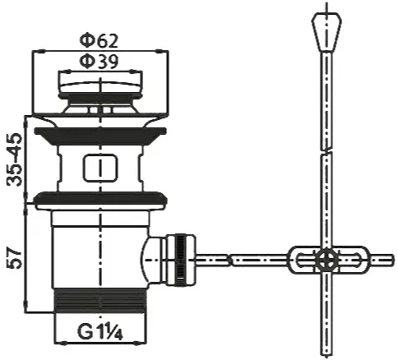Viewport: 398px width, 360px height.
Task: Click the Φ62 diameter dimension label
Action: [99, 41]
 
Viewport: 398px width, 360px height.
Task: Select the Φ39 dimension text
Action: [99, 62]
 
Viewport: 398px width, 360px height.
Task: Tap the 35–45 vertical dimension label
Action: [15, 159]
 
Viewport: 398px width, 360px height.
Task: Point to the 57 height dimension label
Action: [15, 259]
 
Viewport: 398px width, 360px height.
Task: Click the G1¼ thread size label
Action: [100, 331]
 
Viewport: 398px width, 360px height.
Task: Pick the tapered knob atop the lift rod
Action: [326, 32]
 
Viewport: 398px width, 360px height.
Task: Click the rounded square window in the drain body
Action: [100, 168]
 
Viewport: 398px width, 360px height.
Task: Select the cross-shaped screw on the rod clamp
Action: [326, 259]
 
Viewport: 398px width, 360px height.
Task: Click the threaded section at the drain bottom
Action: [100, 301]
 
